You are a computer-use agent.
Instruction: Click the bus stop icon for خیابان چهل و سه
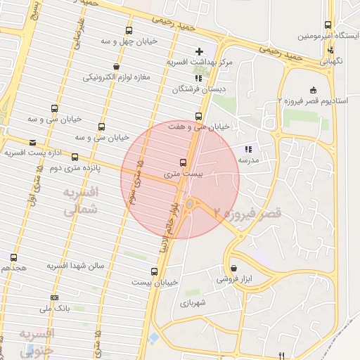click(128, 30)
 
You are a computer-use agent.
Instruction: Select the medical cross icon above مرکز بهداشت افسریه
click(200, 51)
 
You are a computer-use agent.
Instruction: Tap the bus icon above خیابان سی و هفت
click(199, 116)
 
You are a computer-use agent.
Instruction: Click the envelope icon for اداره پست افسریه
click(33, 142)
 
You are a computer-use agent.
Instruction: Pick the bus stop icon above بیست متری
click(184, 162)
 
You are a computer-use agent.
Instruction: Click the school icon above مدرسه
click(247, 149)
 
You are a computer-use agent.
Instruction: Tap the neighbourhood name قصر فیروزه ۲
click(247, 211)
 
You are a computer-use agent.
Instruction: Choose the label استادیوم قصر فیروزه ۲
click(312, 101)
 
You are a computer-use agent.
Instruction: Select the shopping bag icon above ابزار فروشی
click(233, 268)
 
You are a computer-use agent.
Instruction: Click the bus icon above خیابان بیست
click(154, 271)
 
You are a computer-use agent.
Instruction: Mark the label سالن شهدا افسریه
click(75, 266)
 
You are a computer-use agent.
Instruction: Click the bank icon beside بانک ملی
click(55, 297)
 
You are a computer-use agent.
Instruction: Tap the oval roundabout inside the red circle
click(189, 205)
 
